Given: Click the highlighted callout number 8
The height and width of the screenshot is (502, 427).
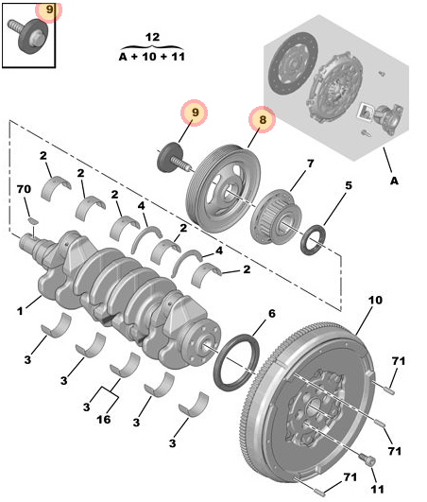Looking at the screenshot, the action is (x=263, y=120).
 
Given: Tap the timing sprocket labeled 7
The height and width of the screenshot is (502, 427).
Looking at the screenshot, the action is (x=276, y=217).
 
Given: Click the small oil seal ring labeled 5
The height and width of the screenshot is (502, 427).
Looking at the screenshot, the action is (x=314, y=240).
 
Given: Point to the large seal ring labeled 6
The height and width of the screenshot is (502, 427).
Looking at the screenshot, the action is (x=236, y=362).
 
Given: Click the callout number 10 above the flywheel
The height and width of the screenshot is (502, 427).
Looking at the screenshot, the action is (x=375, y=300).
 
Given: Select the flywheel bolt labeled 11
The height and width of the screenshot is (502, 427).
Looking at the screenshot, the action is (x=367, y=460).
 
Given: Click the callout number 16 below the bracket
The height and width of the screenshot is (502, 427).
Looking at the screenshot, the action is (x=104, y=419).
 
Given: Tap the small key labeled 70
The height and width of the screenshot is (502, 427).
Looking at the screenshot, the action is (x=33, y=220).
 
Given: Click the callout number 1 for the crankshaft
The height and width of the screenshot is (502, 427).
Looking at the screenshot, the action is (x=20, y=311).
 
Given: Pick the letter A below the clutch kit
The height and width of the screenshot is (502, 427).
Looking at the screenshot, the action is (x=394, y=181).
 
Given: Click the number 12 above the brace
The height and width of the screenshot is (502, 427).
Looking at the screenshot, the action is (x=152, y=37).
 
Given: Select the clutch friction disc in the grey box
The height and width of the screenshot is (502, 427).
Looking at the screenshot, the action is (x=293, y=63).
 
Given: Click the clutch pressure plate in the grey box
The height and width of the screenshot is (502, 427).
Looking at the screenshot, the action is (x=334, y=88).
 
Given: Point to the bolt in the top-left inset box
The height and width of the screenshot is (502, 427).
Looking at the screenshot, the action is (x=27, y=35).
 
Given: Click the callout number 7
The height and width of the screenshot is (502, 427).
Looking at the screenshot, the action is (x=310, y=164).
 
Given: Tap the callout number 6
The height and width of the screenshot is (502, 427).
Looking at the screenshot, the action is (x=271, y=314).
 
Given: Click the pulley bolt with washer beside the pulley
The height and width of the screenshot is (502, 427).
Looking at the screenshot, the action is (x=174, y=158).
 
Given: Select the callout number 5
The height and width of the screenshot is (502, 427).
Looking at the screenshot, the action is (x=349, y=185).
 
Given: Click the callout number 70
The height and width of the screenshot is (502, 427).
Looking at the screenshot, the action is (x=24, y=189).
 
